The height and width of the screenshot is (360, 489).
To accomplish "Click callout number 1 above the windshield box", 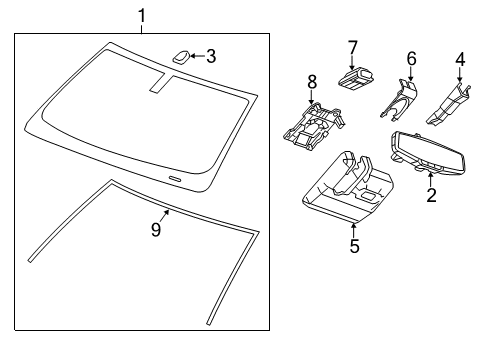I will click(x=142, y=15).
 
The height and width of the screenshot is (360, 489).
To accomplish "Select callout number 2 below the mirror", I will click(x=431, y=195).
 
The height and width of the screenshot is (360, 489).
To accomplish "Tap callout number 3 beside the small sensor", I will click(x=210, y=56).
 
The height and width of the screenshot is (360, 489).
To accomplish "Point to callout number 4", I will click(x=459, y=60).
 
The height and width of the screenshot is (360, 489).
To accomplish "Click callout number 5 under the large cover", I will click(x=353, y=244).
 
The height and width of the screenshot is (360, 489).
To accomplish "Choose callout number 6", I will click(x=410, y=60).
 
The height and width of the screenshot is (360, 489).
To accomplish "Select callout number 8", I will click(x=311, y=80).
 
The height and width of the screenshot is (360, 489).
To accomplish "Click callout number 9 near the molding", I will click(x=155, y=229).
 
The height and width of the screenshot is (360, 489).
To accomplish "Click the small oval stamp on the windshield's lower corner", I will click(x=175, y=178).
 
